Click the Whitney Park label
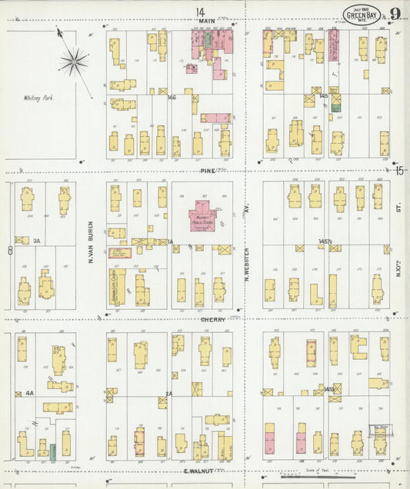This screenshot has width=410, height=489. (36, 98)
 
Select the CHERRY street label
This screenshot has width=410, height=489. (213, 319)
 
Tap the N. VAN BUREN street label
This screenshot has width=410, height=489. (91, 243)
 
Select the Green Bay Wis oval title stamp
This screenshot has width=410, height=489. (361, 15)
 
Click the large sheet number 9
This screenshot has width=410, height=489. (394, 14)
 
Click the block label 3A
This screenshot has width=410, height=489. (36, 240)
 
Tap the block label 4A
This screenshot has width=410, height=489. (29, 393)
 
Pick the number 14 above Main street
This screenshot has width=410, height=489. (200, 11)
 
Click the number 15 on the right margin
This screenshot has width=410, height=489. (399, 171)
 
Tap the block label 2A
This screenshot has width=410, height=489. (169, 393)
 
